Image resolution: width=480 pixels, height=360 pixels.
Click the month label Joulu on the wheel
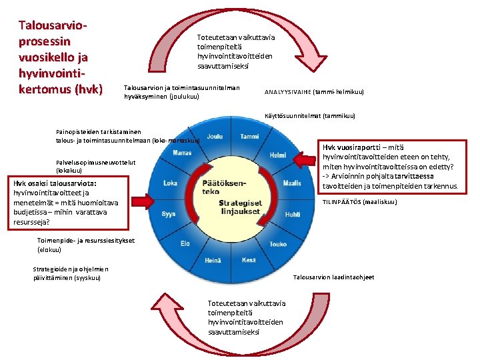pyautogui.click(x=215, y=136)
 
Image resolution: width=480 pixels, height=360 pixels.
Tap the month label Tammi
pyautogui.click(x=249, y=136)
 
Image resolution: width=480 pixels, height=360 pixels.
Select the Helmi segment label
pyautogui.click(x=278, y=155)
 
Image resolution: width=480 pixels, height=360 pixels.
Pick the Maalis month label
pyautogui.click(x=291, y=183)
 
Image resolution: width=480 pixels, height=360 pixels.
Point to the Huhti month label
pyautogui.click(x=292, y=215)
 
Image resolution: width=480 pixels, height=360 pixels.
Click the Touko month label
pyautogui.click(x=277, y=244)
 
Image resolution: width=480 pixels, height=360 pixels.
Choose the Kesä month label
pyautogui.click(x=249, y=260)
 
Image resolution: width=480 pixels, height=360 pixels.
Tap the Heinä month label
pyautogui.click(x=214, y=261)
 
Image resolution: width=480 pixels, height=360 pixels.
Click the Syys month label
pyautogui.click(x=168, y=215)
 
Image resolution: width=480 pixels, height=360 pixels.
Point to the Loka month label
pyautogui.click(x=171, y=183)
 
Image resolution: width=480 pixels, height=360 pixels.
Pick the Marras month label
pyautogui.click(x=182, y=153)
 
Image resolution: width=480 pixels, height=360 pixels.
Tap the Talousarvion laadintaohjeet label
pyautogui.click(x=333, y=277)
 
